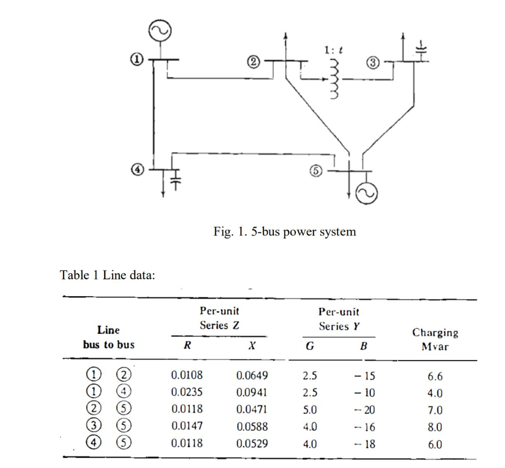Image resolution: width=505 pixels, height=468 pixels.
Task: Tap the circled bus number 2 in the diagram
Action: (253, 62)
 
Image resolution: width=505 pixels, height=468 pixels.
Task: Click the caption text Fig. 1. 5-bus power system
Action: (285, 231)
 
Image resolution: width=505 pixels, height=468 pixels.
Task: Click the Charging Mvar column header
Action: (435, 339)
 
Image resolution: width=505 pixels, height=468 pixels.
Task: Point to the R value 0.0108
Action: (187, 376)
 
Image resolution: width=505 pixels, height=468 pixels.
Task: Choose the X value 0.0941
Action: (252, 393)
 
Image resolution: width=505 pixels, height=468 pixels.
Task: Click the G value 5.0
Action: (309, 409)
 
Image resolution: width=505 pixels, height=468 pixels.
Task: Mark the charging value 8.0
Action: (434, 427)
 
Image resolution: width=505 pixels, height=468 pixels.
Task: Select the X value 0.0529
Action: (252, 444)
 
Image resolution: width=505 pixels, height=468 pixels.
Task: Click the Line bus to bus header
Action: (108, 337)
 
